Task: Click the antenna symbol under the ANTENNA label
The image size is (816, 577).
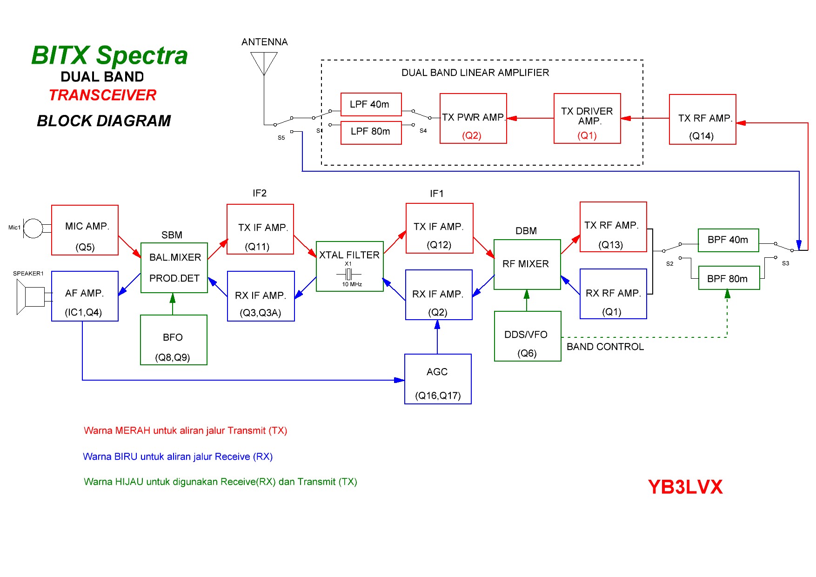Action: [264, 62]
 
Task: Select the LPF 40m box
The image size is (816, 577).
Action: [371, 104]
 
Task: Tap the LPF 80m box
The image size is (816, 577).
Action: [371, 132]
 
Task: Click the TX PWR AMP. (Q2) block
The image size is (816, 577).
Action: [473, 119]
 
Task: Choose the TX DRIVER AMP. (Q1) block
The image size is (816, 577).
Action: [587, 119]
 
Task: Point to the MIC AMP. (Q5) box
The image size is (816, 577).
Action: [85, 230]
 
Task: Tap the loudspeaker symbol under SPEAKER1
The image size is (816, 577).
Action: [30, 296]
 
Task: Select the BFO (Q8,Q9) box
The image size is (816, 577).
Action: [174, 340]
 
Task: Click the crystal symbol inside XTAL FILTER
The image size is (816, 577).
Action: [348, 274]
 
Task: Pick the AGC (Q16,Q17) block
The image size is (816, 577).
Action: [438, 379]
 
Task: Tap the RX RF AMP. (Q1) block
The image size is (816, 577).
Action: [613, 294]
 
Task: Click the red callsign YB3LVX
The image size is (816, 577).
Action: [685, 487]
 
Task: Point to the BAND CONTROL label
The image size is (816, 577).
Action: [605, 347]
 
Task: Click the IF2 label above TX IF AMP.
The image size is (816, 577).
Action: [260, 193]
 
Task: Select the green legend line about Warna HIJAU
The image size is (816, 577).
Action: [220, 482]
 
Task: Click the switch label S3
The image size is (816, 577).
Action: [785, 263]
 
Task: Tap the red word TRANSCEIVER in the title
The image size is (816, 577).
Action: [103, 95]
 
